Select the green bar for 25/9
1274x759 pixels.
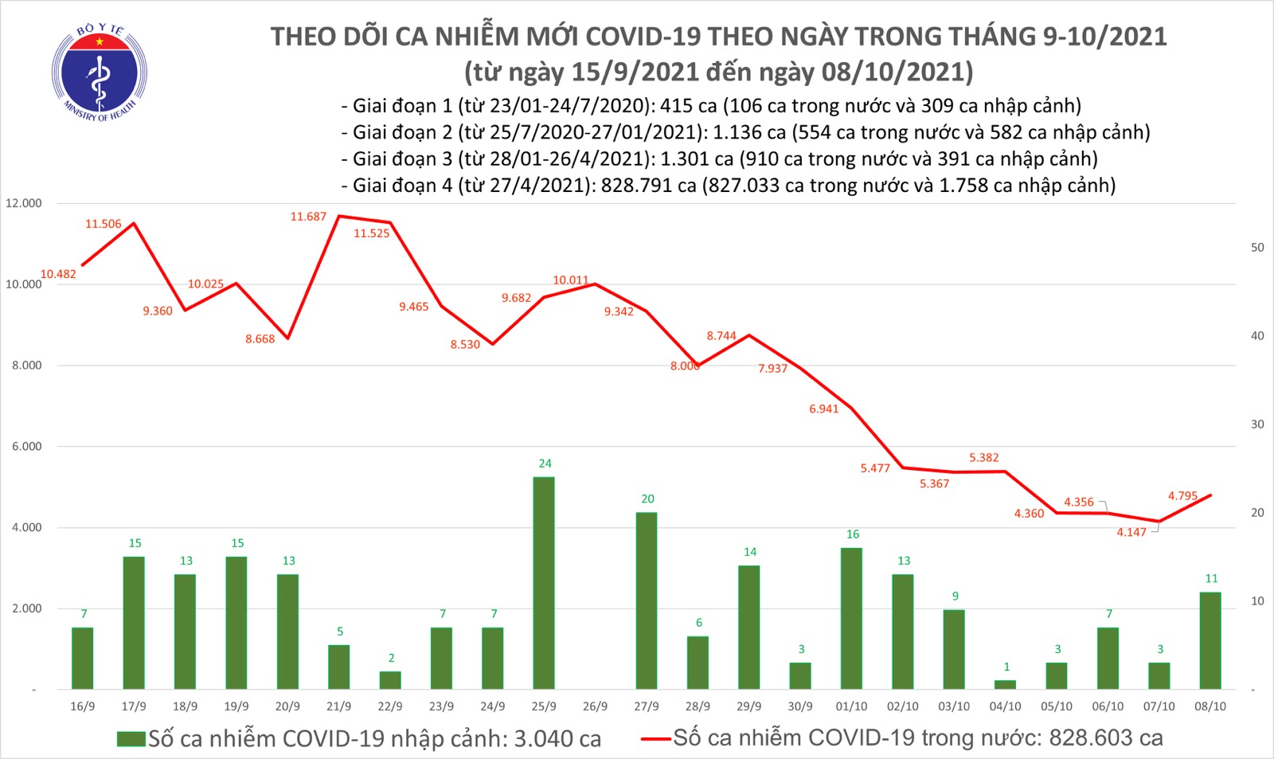544,582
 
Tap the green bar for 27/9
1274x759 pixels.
647,600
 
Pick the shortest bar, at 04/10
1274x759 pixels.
1006,684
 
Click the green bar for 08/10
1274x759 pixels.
1210,640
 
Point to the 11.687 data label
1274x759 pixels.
308,217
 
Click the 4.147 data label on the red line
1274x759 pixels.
1131,532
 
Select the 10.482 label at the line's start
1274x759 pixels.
58,274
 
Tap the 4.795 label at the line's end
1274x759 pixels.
1182,496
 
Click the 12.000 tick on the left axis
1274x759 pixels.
24,204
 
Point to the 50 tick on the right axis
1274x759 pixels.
1257,248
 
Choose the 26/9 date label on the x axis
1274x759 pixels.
595,706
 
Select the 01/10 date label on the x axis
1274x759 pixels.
851,706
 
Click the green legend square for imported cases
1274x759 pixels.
131,739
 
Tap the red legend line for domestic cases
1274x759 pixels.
655,739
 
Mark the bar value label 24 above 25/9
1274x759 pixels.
545,464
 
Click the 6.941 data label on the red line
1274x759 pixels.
824,409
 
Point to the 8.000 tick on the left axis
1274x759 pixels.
26,366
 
